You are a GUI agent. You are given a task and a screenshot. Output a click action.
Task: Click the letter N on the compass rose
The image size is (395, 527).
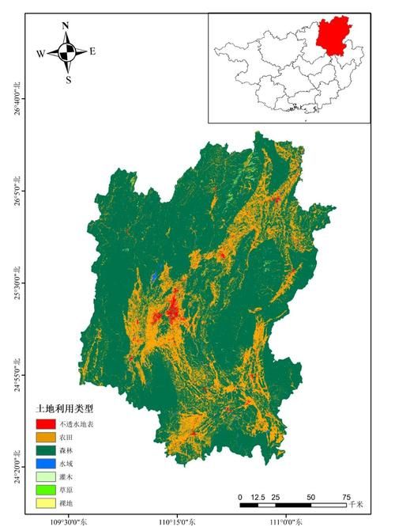[66, 26]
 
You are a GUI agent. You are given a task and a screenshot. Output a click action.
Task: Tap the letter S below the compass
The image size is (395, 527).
[68, 79]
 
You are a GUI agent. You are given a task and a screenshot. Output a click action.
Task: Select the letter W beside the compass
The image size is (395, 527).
[39, 54]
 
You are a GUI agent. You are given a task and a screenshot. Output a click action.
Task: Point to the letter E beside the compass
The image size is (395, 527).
[92, 51]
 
